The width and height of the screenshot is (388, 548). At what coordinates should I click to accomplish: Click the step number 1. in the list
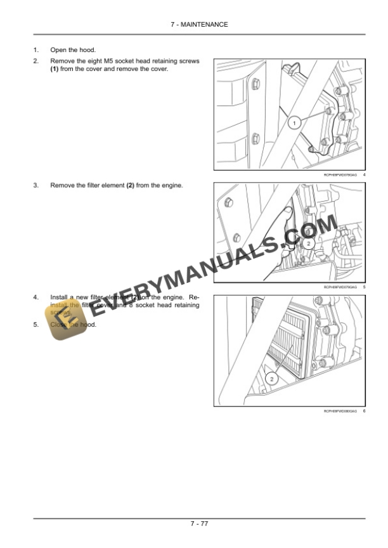click(x=36, y=49)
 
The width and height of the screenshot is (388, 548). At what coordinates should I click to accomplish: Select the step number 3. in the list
click(x=36, y=185)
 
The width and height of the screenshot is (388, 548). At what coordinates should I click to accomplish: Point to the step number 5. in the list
click(x=36, y=325)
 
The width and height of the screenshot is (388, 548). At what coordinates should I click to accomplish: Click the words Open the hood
click(x=73, y=49)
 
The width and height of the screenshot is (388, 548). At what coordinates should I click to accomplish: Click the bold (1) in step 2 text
click(x=55, y=68)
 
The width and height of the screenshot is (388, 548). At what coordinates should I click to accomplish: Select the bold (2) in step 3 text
click(x=131, y=185)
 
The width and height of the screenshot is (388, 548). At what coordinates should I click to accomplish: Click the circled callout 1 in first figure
click(x=294, y=124)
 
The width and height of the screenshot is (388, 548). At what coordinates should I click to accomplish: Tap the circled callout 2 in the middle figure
click(x=308, y=244)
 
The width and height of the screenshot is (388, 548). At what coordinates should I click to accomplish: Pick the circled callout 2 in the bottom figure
click(x=271, y=379)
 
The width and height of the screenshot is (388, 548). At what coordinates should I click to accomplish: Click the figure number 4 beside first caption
click(x=365, y=175)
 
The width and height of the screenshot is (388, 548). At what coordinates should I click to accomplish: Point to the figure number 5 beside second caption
click(x=365, y=287)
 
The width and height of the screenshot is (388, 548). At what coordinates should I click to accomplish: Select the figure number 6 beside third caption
click(x=365, y=412)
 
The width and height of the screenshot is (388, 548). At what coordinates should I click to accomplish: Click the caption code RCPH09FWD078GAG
click(x=340, y=175)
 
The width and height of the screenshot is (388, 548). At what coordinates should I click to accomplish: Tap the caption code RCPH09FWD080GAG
click(x=340, y=412)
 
